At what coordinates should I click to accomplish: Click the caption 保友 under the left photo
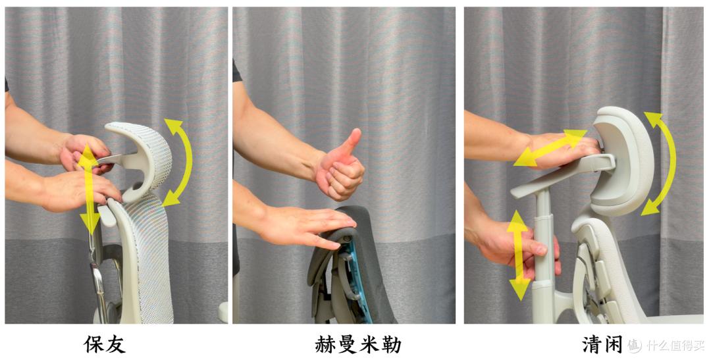point(105,344)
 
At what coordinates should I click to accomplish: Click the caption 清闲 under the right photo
point(602,344)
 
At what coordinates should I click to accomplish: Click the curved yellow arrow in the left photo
point(180,161)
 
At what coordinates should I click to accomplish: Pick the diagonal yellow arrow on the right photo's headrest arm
point(550,148)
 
